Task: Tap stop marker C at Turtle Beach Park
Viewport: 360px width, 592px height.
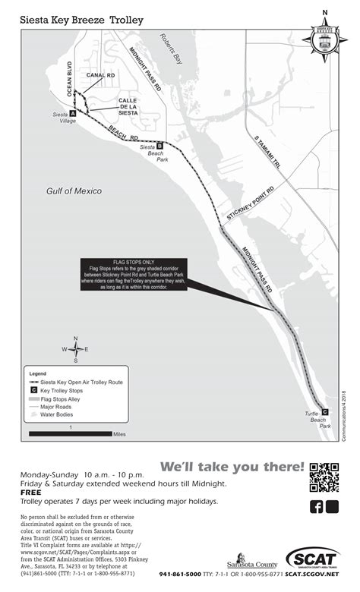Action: click(325, 411)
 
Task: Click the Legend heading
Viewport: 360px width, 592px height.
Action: click(38, 374)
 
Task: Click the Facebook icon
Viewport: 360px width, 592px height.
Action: click(317, 507)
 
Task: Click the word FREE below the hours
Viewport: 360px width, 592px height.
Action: click(30, 492)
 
